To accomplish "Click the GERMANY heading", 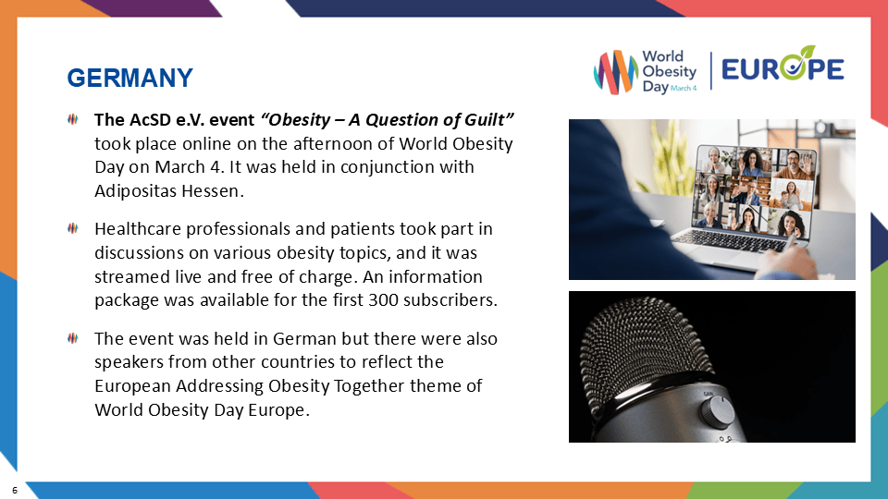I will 130,78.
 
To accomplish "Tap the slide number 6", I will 15,486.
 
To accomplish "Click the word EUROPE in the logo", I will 782,69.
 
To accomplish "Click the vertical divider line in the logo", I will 711,71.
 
